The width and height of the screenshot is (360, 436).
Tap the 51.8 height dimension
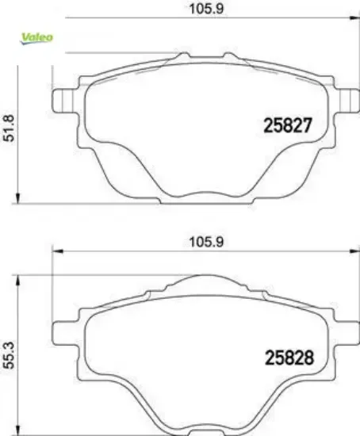pyautogui.click(x=10, y=126)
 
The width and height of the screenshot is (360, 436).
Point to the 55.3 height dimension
pyautogui.click(x=10, y=349)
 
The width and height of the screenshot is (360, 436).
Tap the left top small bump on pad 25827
pyautogui.click(x=182, y=57)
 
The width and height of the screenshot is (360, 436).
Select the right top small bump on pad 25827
pyautogui.click(x=229, y=57)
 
